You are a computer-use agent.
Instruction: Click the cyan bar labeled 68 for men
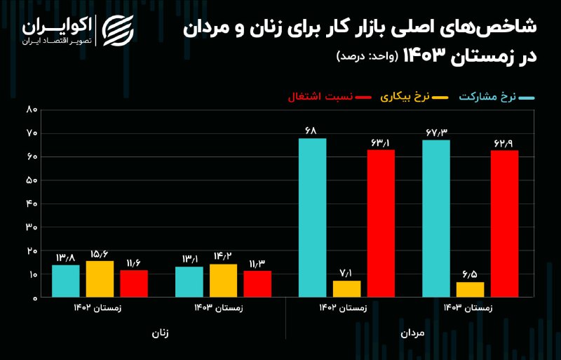click(312, 218)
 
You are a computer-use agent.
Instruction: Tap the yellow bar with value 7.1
click(346, 289)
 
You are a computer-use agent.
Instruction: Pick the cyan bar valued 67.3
click(435, 218)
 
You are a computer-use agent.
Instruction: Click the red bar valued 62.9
click(504, 224)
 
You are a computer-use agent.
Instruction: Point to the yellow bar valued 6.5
click(470, 290)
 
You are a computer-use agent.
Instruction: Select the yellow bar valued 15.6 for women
click(100, 279)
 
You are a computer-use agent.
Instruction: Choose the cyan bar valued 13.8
click(65, 281)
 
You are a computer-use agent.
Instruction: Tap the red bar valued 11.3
click(257, 284)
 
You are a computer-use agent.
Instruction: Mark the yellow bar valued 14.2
click(223, 281)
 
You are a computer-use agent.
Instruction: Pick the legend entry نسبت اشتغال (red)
click(328, 98)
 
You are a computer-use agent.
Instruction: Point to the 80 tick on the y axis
click(32, 109)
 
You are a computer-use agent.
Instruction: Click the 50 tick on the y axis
click(32, 180)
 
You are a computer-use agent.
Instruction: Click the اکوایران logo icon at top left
click(117, 29)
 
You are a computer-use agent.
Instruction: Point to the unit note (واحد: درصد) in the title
click(365, 55)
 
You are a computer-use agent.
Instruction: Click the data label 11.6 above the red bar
click(133, 262)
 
